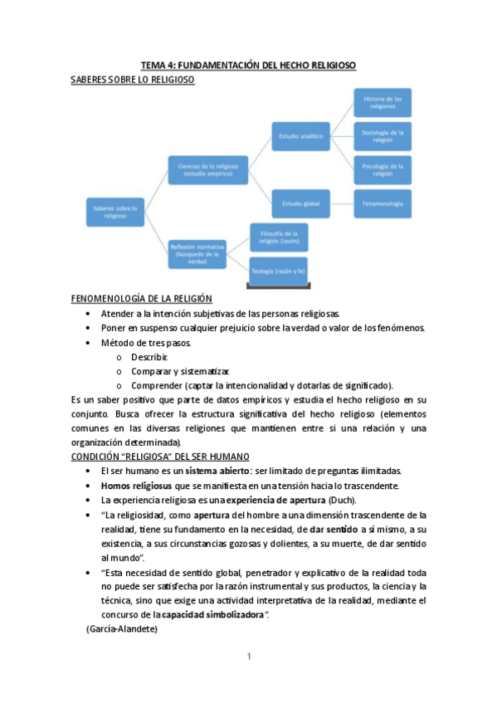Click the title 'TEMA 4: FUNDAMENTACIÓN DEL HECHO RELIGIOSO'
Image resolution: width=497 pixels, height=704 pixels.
248,65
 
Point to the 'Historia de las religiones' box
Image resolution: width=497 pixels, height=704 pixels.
382,102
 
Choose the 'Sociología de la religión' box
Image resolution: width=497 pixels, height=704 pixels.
382,135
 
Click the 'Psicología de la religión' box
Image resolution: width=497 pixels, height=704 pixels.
382,169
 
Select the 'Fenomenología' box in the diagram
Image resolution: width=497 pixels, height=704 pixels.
382,203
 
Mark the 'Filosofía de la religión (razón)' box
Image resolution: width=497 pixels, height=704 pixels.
279,236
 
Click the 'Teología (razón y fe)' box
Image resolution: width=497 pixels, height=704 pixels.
279,271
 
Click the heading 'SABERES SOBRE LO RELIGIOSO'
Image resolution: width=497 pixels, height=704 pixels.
133,80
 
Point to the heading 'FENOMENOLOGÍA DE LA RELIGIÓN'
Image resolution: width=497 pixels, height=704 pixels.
141,299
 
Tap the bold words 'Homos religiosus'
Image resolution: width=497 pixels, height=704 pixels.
135,485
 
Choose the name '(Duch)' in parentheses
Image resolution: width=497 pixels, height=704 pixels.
339,500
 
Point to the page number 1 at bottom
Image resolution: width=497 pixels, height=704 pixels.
248,657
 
